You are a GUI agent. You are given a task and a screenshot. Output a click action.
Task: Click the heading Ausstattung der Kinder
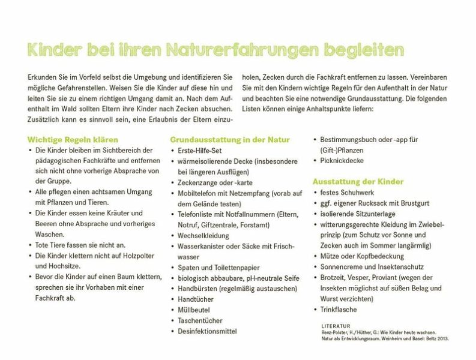(x=358, y=181)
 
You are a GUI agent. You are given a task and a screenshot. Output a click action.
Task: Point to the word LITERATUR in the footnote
(x=336, y=325)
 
